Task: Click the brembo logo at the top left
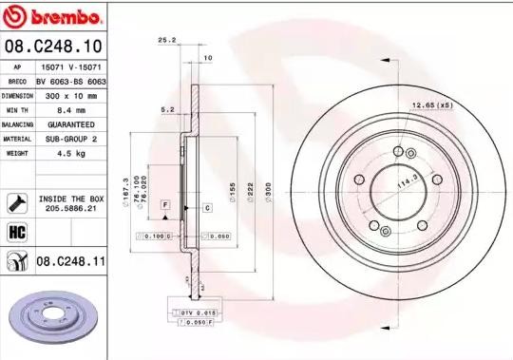(53, 18)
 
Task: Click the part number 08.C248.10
(53, 46)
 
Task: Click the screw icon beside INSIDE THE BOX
(17, 200)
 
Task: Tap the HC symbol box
(16, 231)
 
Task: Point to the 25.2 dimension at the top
(167, 41)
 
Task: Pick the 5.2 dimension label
(167, 111)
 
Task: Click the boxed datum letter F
(164, 205)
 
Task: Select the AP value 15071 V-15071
(71, 68)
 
